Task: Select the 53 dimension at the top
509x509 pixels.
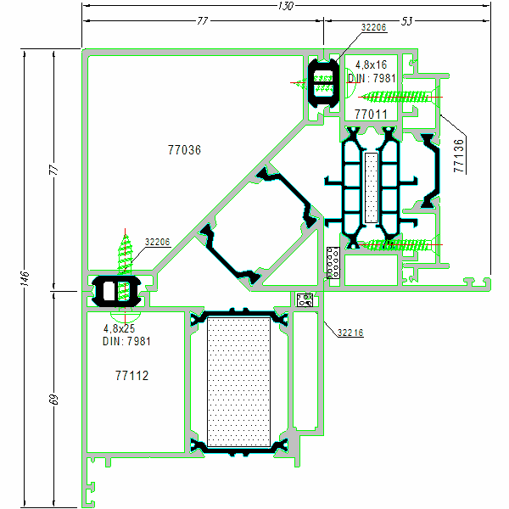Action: click(x=407, y=21)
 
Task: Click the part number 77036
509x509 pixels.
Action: click(x=184, y=150)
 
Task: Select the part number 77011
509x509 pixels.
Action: click(x=371, y=114)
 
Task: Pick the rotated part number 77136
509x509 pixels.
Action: click(x=459, y=156)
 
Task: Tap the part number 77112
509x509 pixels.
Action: click(x=131, y=374)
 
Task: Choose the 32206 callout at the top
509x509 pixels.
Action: click(x=373, y=28)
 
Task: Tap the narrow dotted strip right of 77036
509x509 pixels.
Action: click(x=371, y=188)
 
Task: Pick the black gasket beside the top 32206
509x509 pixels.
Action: click(x=322, y=82)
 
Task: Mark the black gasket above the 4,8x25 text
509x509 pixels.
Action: click(x=117, y=289)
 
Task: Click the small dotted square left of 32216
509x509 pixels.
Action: click(x=305, y=299)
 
